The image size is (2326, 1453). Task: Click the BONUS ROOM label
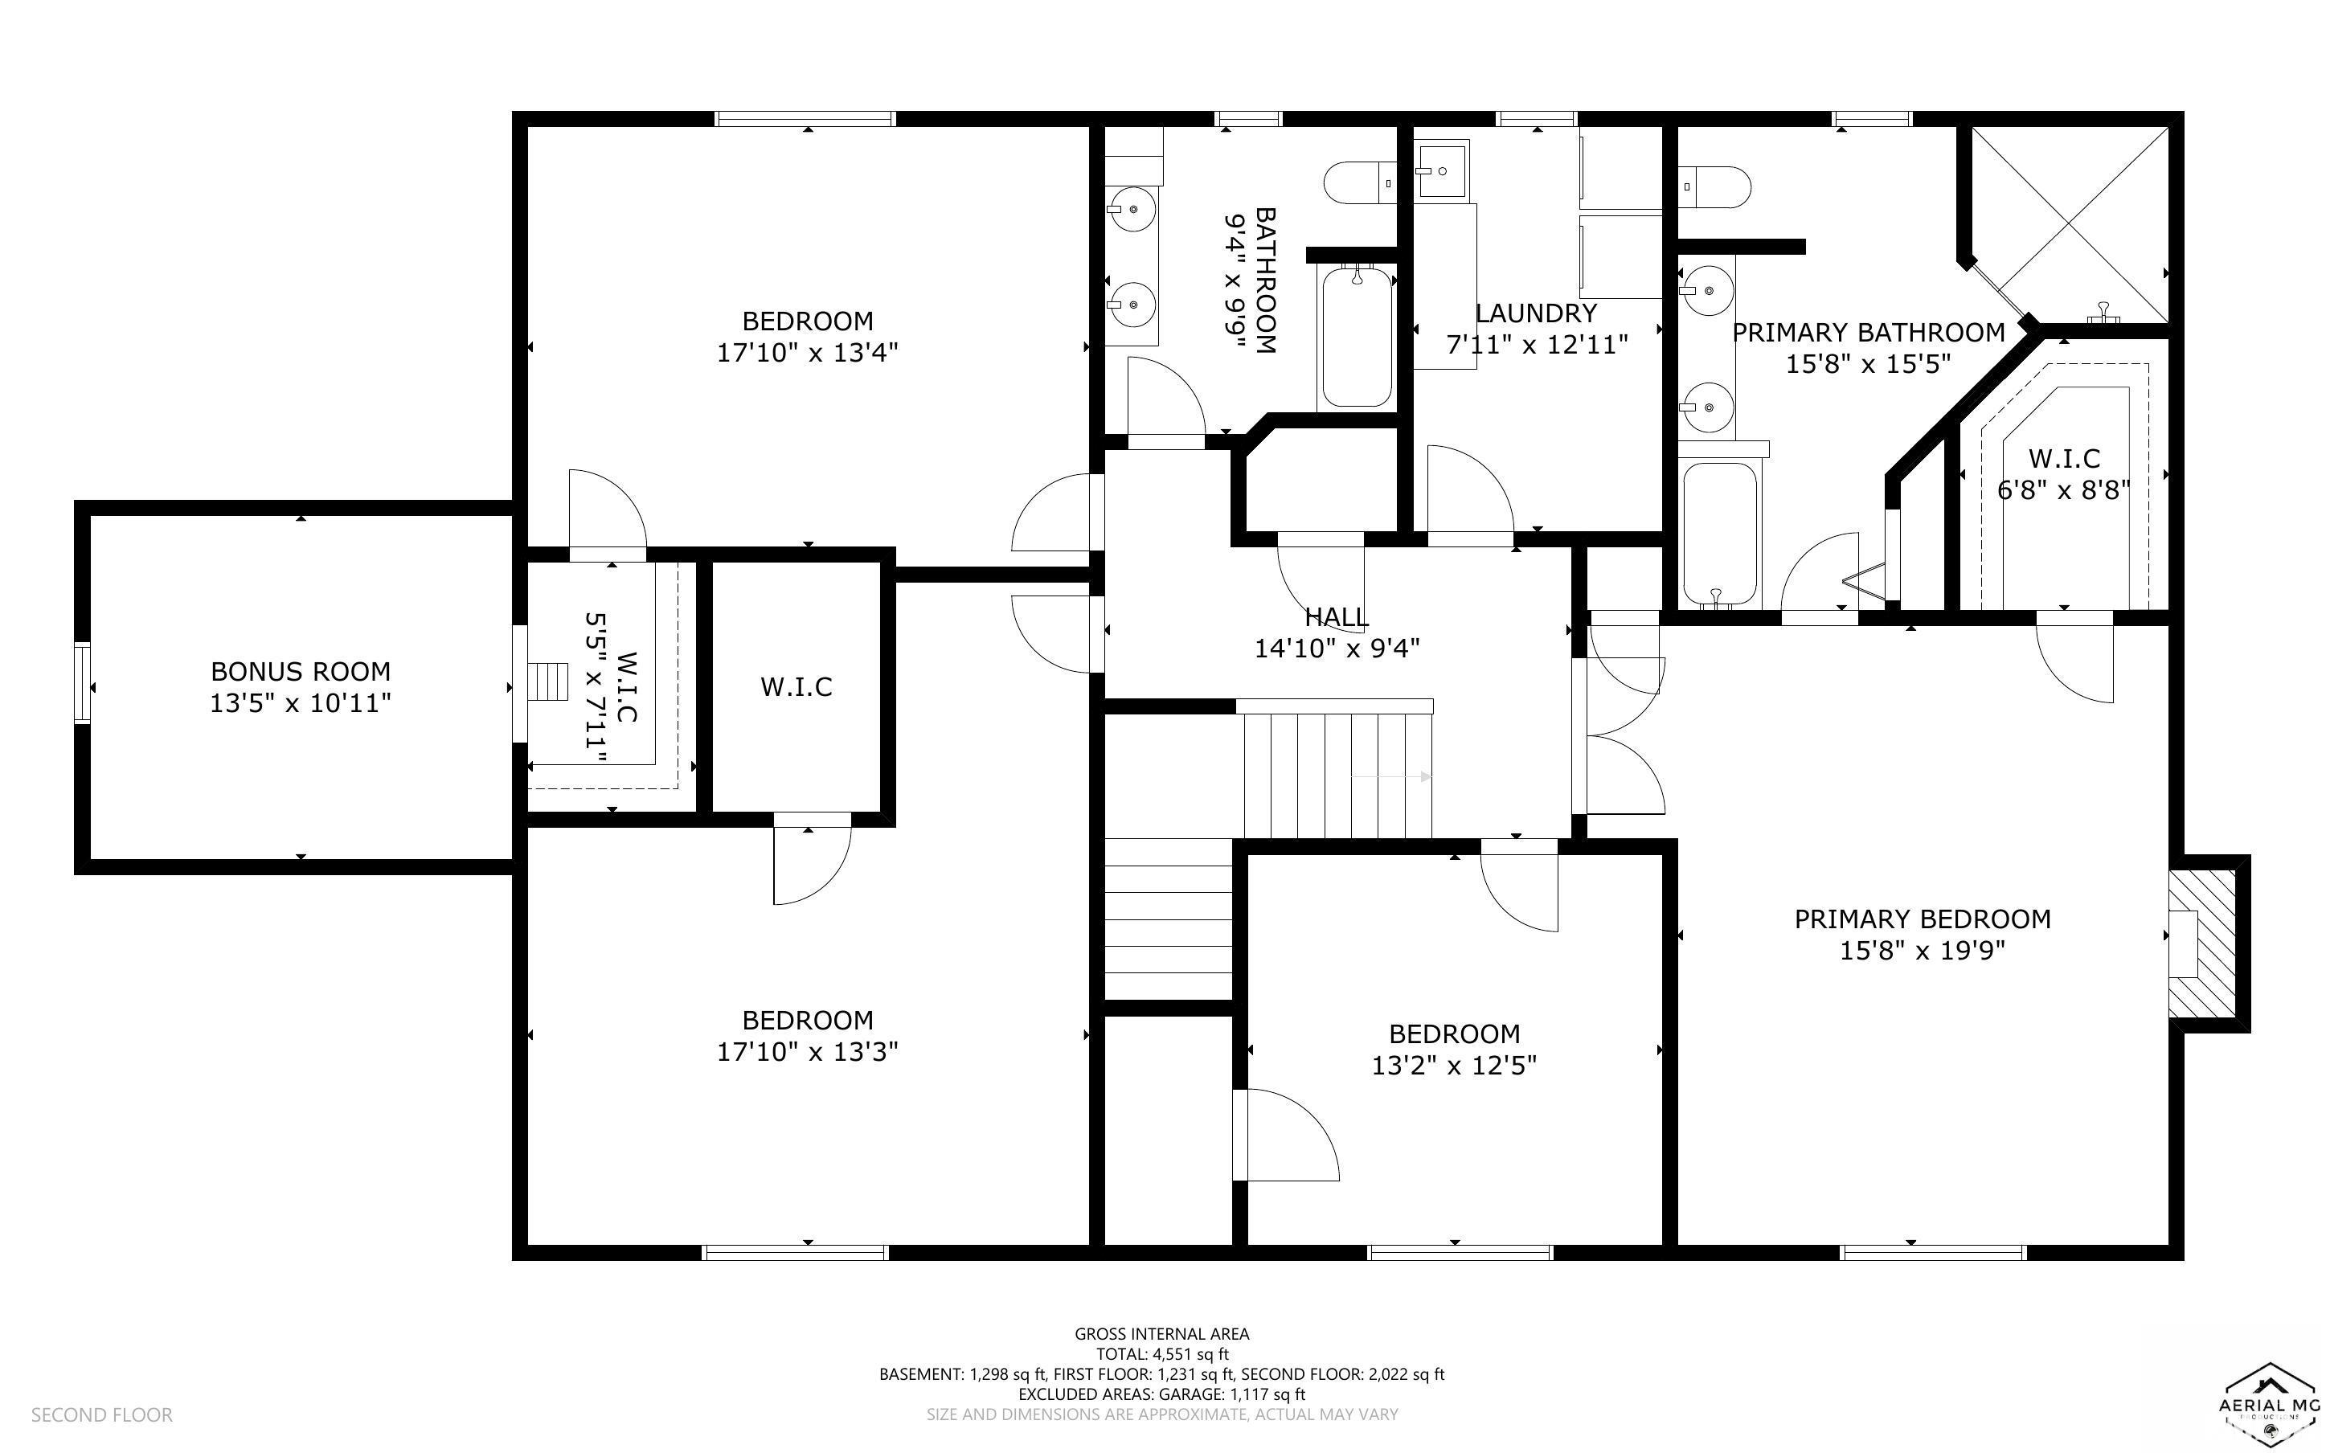[x=300, y=671]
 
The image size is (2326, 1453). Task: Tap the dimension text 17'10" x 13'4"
[x=807, y=353]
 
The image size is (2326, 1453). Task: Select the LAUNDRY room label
[x=1536, y=313]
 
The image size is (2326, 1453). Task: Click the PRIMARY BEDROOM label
[x=1923, y=919]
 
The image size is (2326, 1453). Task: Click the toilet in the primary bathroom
[x=1716, y=187]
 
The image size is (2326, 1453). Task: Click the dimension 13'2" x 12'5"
[x=1454, y=1065]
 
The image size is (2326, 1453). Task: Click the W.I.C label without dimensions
[x=796, y=686]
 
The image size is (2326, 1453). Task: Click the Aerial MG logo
[x=2269, y=1402]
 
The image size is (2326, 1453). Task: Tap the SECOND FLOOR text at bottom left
[x=102, y=1414]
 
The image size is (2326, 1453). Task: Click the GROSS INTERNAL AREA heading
[x=1161, y=1333]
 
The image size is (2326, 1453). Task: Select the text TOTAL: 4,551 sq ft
[x=1161, y=1354]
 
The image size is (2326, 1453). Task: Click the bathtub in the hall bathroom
[x=1356, y=338]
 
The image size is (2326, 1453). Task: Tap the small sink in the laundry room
[x=1442, y=170]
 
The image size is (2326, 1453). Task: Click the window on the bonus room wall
[x=83, y=683]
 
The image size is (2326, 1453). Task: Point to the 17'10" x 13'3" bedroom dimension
[x=807, y=1051]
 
